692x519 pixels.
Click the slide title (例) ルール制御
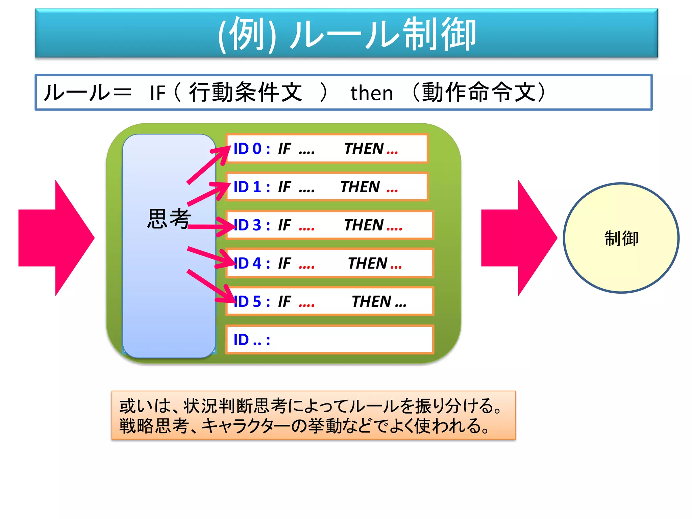[347, 34]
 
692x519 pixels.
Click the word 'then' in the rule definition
[372, 93]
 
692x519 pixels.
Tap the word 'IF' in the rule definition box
[157, 93]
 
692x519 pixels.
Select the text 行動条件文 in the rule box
[245, 92]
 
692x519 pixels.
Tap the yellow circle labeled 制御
[621, 238]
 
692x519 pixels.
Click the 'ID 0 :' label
[251, 149]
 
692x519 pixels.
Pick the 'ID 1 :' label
[251, 187]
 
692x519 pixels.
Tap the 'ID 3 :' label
[251, 225]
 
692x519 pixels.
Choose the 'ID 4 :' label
[251, 263]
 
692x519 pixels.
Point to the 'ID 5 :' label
[251, 301]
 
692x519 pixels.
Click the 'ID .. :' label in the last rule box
[251, 340]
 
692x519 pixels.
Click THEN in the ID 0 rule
[364, 149]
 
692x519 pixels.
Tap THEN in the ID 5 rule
[371, 301]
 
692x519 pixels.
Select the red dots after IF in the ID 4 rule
[306, 267]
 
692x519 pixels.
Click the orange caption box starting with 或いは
[313, 415]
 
